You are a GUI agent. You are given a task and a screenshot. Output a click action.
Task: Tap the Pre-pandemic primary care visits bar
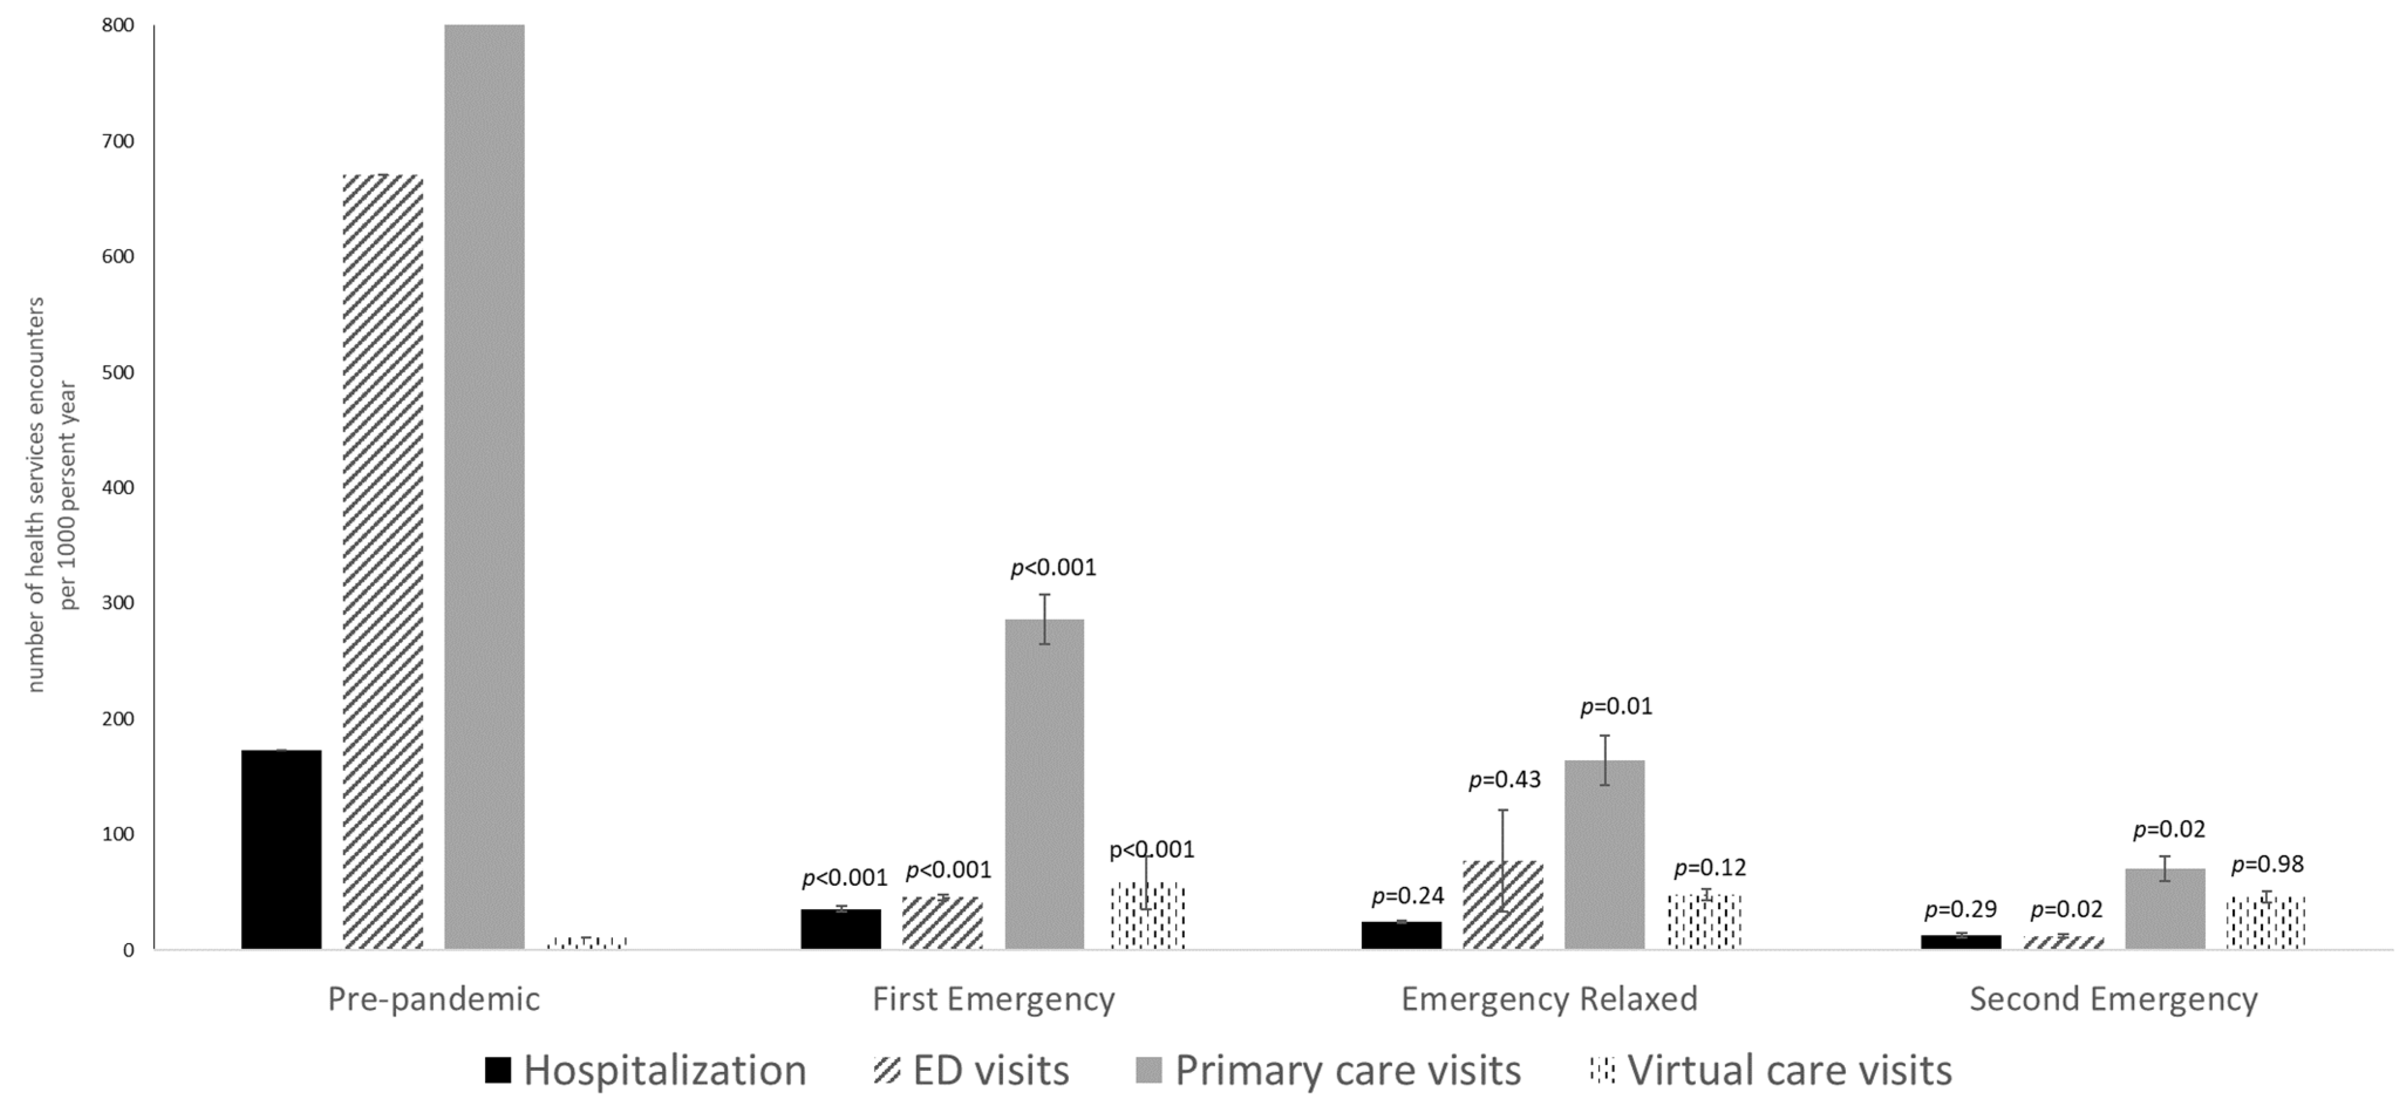484,487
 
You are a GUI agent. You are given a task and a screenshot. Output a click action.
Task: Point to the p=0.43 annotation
1504,779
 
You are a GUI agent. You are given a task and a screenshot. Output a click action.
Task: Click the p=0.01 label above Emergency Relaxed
1616,706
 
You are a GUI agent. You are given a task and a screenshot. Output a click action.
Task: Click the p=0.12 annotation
1709,868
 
